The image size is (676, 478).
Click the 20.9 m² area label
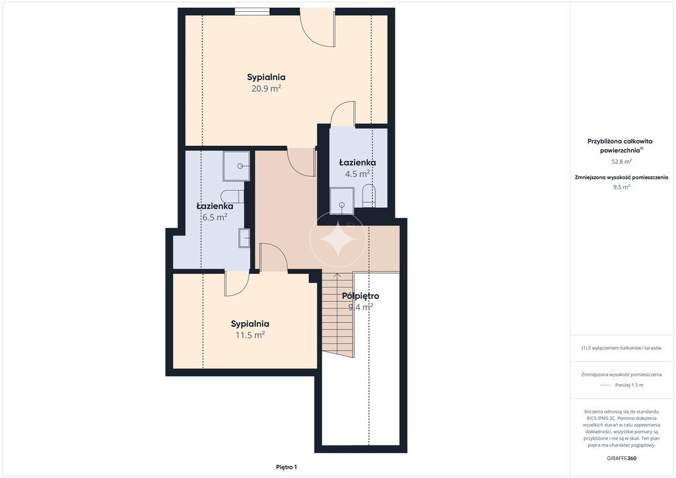(266, 88)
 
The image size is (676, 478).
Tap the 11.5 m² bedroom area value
(250, 335)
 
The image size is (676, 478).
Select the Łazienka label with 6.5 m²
(215, 206)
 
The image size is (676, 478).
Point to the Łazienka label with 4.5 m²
(357, 162)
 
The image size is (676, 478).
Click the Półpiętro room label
(360, 296)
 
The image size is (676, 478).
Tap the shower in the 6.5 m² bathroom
(236, 166)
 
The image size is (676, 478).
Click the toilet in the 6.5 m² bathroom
(232, 197)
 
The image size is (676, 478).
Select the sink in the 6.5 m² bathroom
(244, 238)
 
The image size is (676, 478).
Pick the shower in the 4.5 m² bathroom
(342, 201)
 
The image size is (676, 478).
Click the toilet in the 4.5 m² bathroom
(368, 196)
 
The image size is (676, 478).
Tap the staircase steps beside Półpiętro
(337, 315)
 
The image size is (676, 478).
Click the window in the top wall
(252, 12)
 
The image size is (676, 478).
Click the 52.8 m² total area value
(621, 162)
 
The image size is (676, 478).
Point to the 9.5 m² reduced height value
(621, 187)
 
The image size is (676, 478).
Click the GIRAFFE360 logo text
(621, 458)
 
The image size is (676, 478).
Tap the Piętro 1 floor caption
(287, 467)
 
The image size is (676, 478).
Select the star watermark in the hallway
(338, 239)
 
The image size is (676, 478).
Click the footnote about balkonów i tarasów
(621, 348)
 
